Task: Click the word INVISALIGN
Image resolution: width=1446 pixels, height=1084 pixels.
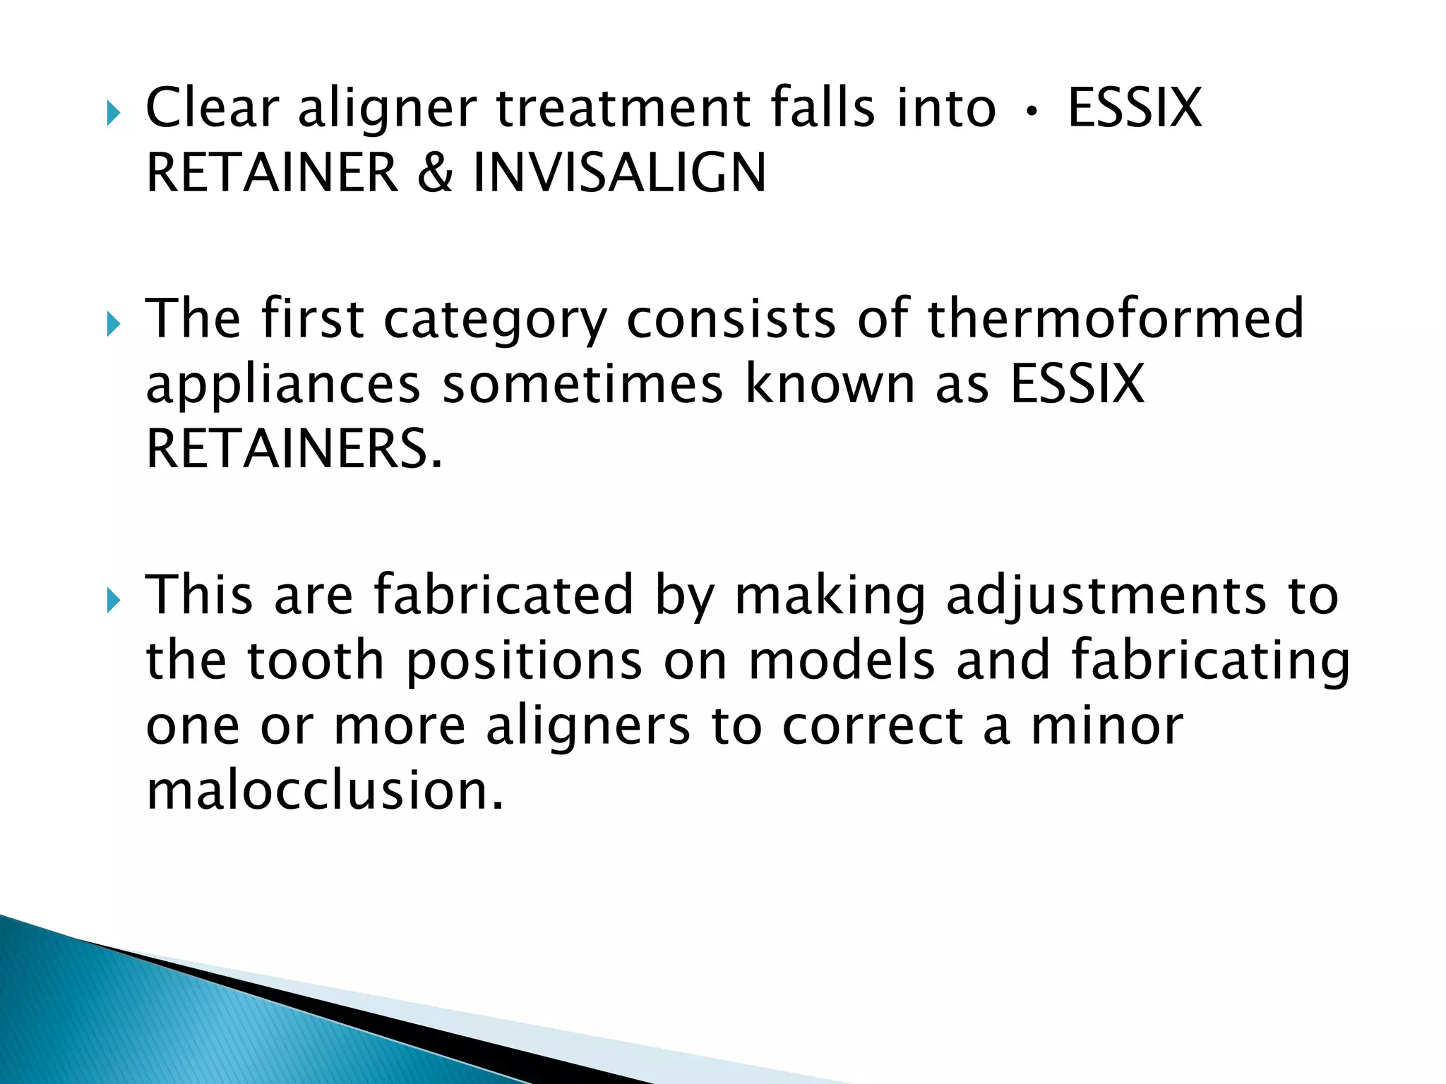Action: [619, 173]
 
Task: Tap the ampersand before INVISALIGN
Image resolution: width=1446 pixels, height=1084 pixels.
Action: [435, 173]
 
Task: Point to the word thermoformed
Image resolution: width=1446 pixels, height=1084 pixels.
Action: [1115, 318]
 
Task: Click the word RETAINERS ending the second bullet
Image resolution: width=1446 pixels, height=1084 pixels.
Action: [294, 449]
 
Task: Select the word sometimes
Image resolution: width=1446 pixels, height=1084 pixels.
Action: [582, 384]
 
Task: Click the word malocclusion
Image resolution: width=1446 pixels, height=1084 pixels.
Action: [325, 790]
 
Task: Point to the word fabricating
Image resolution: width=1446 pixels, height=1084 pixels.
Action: [1210, 662]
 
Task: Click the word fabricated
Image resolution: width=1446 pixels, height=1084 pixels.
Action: [503, 595]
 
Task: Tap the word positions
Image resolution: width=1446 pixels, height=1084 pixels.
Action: [524, 662]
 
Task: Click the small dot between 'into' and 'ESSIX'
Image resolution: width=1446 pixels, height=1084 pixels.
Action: [1032, 111]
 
